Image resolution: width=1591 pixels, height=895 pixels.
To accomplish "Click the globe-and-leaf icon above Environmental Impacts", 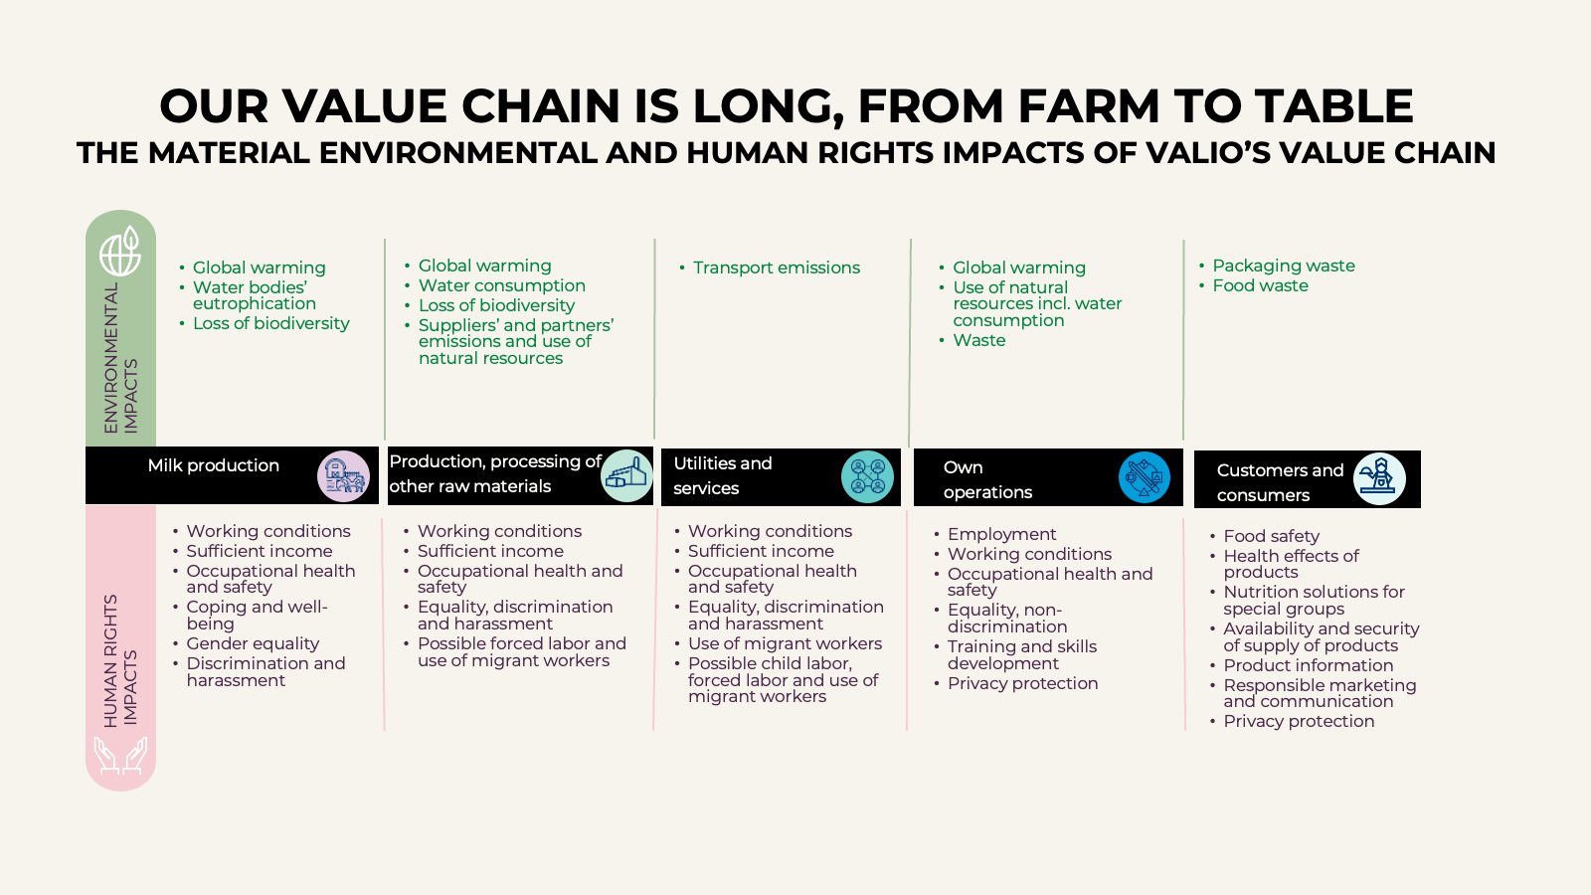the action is (120, 251).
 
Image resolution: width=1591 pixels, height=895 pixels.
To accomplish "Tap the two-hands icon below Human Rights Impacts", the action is (120, 755).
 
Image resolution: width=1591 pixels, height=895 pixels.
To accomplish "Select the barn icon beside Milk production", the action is (344, 476).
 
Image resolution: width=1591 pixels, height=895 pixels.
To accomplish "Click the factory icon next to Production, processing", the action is (626, 476).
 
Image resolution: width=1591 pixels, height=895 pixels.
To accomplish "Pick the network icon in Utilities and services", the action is (867, 476).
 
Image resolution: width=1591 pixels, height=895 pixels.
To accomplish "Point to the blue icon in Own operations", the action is (1145, 477).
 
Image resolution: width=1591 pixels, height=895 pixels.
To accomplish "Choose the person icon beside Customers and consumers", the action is (1379, 478).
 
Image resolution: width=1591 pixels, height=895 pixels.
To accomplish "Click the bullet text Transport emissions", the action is (777, 268).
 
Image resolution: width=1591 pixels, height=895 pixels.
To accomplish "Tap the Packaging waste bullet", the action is (1284, 266).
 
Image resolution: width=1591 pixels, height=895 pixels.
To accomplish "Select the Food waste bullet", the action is (1260, 285).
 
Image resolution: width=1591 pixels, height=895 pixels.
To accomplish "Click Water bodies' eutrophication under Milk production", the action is (255, 295).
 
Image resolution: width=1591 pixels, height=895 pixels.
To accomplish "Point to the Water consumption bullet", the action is (501, 285).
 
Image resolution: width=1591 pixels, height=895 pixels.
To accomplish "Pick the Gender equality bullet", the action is (253, 643).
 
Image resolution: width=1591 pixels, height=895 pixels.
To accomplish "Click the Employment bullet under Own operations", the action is (1001, 534).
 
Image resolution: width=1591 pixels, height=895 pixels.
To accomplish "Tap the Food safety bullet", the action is (1272, 536).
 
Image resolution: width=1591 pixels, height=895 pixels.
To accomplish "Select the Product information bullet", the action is (1309, 665).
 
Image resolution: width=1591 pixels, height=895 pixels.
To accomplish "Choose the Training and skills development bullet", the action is (1022, 655).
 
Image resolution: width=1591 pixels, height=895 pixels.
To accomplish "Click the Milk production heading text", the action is (213, 466).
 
